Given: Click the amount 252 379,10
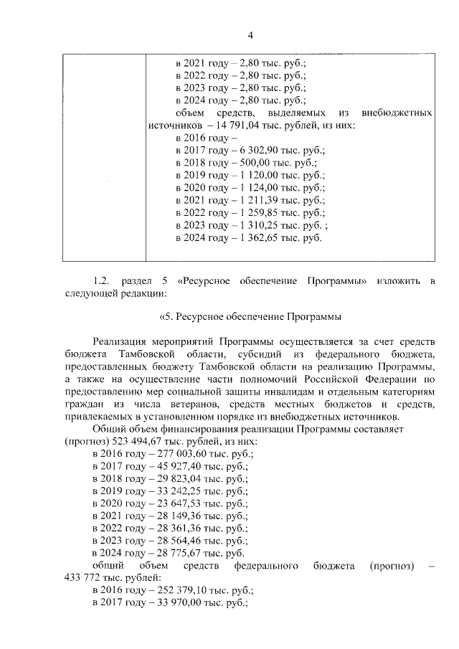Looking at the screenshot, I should [x=179, y=590].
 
